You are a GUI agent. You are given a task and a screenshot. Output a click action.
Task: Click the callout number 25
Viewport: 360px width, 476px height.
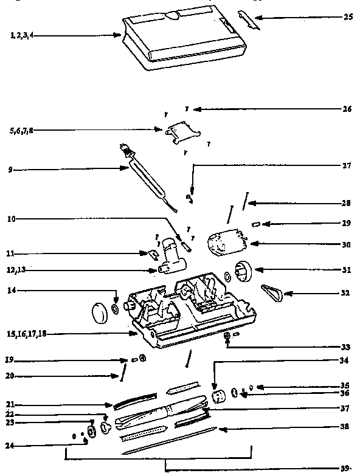(348, 17)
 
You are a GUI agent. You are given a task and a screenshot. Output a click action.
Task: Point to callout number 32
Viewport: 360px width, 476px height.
(345, 293)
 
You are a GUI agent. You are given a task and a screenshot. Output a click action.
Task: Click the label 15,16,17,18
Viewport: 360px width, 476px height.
(27, 334)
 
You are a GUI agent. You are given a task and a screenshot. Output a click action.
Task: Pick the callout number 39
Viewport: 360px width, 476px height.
(345, 468)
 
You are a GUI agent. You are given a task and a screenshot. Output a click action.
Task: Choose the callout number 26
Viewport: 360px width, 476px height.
(347, 109)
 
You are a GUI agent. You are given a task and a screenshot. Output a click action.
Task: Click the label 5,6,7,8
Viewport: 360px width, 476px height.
(21, 130)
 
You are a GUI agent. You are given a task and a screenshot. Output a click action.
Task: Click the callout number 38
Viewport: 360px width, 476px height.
(345, 427)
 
